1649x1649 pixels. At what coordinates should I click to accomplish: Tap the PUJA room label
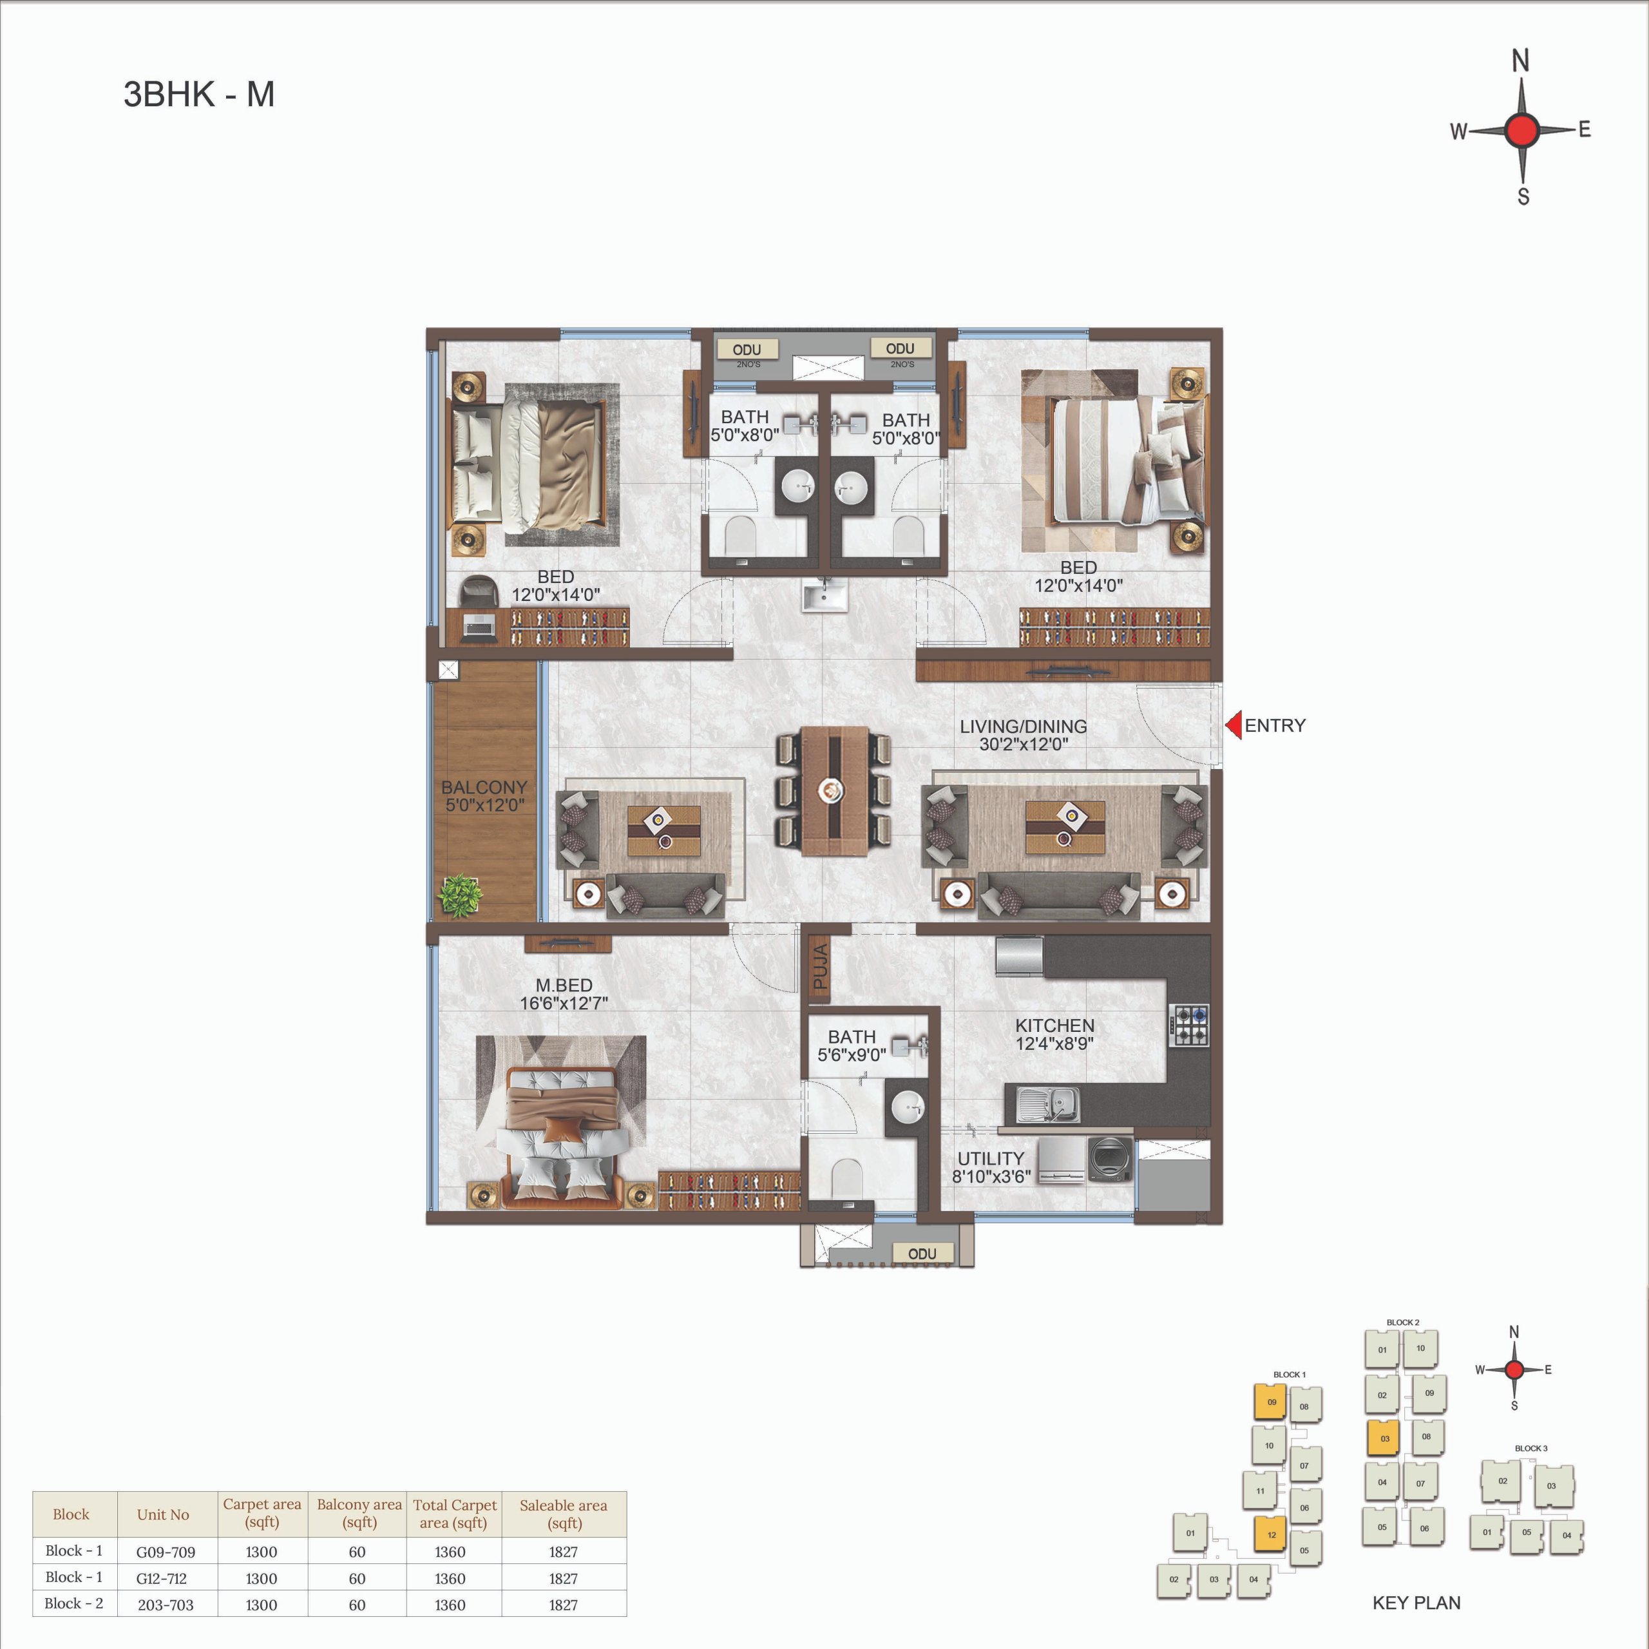tap(820, 966)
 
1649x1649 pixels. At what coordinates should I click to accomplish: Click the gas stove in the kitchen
tap(1190, 1026)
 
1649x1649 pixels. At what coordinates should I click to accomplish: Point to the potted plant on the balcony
tap(460, 895)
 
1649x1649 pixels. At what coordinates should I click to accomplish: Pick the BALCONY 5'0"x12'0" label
tap(484, 796)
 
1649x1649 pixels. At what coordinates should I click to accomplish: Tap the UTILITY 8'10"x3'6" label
tap(991, 1167)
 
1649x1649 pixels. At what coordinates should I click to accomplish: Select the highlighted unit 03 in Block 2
tap(1384, 1438)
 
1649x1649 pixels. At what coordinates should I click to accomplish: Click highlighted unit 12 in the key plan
tap(1270, 1534)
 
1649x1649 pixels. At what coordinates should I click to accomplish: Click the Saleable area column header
tap(564, 1513)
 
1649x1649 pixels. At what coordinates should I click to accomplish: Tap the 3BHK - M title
tap(199, 94)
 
